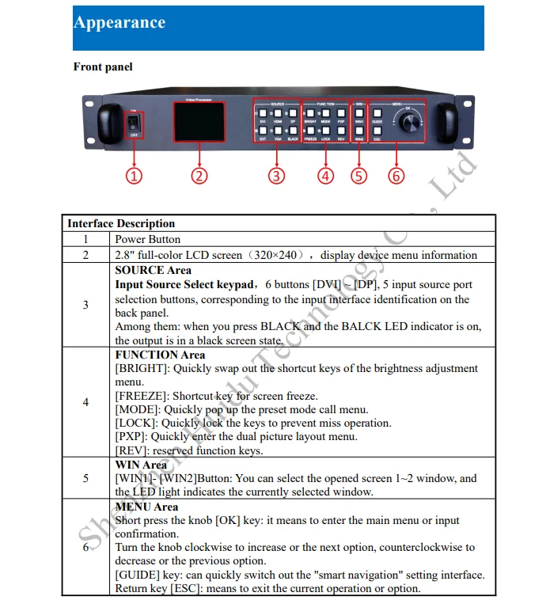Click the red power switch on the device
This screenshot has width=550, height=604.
point(135,124)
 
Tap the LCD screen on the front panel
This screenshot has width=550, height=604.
point(199,124)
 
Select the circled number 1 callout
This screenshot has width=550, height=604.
point(135,176)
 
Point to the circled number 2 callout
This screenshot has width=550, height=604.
point(199,176)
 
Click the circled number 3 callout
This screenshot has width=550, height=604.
point(275,176)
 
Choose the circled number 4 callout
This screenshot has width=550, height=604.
point(326,176)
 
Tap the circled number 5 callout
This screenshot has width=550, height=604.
point(359,176)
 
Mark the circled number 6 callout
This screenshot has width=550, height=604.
point(396,176)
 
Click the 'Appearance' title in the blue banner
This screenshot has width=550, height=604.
point(119,22)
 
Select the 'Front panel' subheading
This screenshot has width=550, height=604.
point(103,67)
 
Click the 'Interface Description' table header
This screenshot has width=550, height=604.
point(121,223)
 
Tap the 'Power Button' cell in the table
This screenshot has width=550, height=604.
point(148,239)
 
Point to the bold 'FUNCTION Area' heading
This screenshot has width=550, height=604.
point(160,355)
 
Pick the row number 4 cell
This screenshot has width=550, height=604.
point(85,402)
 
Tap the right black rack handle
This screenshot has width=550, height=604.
point(446,123)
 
